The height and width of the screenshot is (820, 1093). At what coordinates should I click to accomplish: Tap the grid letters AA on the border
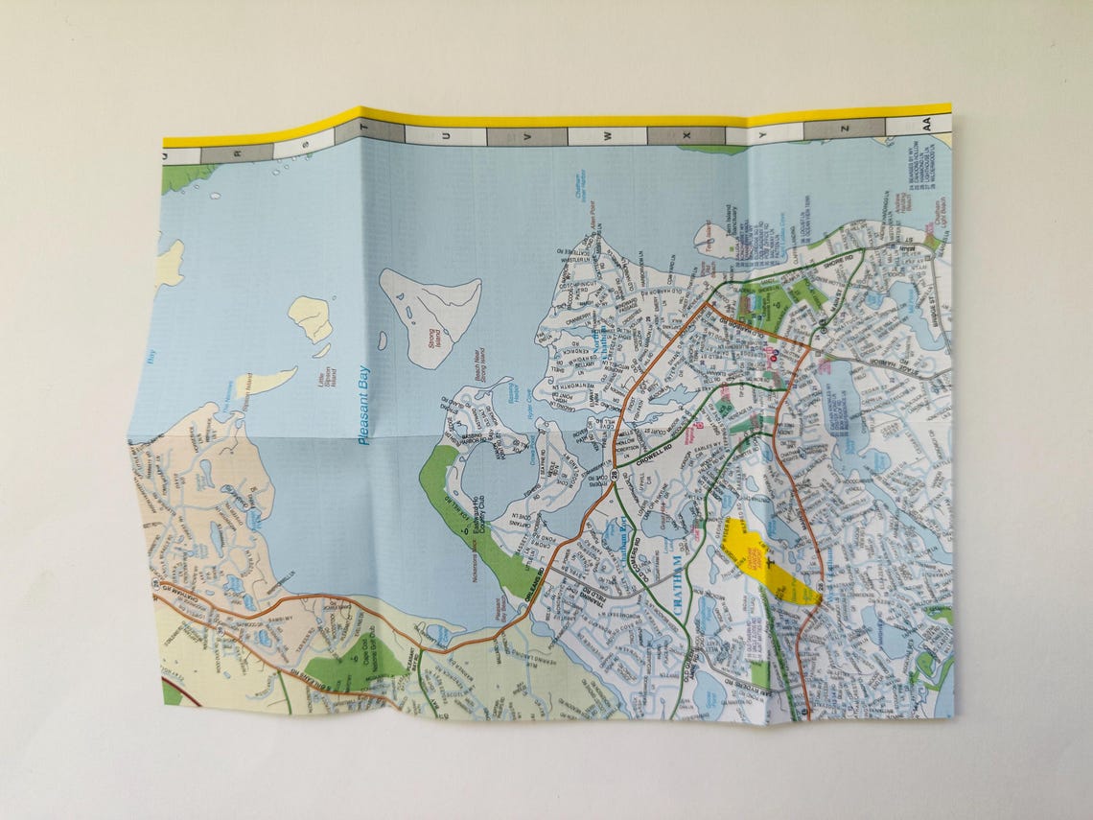coord(926,124)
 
